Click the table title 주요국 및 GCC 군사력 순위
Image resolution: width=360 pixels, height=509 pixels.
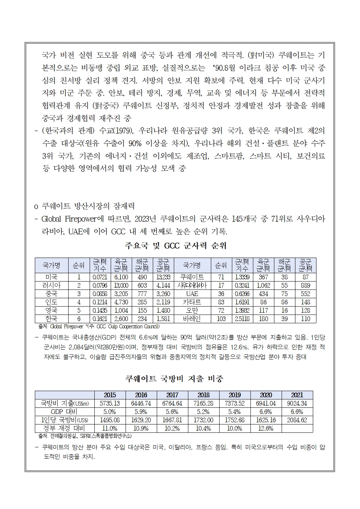(x=175, y=246)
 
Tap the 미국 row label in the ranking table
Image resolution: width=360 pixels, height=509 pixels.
(x=51, y=277)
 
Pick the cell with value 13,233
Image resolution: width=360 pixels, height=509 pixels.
(x=163, y=277)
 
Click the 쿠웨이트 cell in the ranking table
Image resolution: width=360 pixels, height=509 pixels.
(x=192, y=277)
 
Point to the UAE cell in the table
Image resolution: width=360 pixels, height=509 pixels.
(x=192, y=294)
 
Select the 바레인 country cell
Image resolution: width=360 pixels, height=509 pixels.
(x=192, y=319)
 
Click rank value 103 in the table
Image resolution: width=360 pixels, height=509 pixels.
(x=221, y=319)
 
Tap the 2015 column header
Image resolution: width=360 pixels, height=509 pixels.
(x=110, y=395)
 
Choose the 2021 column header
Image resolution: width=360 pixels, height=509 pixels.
(x=297, y=395)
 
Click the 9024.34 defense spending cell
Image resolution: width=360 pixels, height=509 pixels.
(x=297, y=403)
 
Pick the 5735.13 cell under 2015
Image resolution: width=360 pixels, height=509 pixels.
(x=110, y=403)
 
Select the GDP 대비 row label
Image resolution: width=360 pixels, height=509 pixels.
(x=65, y=412)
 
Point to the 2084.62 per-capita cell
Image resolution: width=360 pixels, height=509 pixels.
(x=297, y=420)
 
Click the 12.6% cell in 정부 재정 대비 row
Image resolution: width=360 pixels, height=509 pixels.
(x=266, y=428)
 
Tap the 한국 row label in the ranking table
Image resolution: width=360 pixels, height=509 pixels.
(x=51, y=319)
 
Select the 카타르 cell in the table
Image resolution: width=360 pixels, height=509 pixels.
(x=192, y=302)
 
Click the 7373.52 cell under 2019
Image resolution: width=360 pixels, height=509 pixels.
(x=235, y=403)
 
